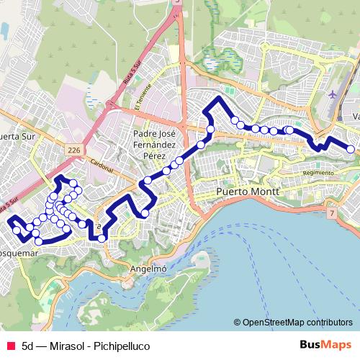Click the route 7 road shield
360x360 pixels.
click(330, 214)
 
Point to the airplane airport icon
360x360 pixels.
click(332, 95)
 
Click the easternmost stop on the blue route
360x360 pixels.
click(351, 149)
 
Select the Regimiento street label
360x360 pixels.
click(318, 173)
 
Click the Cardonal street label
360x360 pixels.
click(102, 165)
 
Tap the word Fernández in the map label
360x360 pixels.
click(156, 145)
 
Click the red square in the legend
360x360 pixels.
click(9, 346)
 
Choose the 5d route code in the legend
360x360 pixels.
click(29, 346)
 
